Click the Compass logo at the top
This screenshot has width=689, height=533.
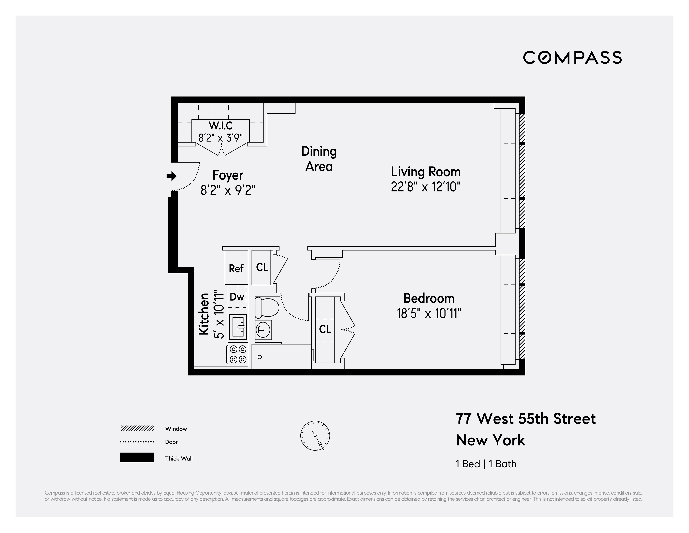572,57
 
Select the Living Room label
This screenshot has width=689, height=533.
426,172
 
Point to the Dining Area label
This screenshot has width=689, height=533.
319,159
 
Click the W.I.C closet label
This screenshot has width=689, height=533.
220,126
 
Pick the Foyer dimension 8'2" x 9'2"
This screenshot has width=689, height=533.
228,190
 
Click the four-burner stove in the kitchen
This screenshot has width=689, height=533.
238,354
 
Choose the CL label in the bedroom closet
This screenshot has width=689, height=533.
325,329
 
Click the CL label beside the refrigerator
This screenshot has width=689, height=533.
262,267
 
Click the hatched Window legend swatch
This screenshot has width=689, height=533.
137,428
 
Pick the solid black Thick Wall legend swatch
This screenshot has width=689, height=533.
137,457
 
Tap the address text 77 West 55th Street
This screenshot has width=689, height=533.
526,419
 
